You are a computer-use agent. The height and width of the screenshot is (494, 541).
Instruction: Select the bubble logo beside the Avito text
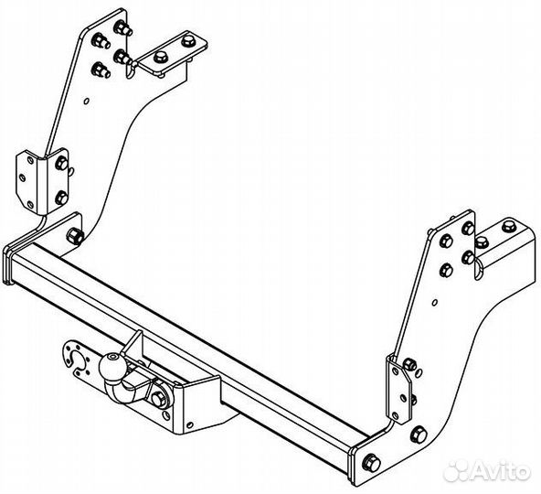point(457,470)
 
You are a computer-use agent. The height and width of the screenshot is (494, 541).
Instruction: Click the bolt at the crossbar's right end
point(371,463)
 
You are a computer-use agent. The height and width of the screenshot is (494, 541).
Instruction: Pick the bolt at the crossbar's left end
point(75,236)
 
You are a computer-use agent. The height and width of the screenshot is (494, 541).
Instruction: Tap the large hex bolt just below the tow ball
point(159,400)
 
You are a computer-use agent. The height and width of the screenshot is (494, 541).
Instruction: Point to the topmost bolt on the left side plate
point(122,28)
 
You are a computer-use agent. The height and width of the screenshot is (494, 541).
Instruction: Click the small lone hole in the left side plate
point(87,101)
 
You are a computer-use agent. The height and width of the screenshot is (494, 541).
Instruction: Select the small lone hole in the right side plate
point(435,303)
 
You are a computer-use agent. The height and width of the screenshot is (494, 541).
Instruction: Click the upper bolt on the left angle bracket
point(61,163)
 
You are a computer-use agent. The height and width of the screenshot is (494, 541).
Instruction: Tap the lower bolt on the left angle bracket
point(61,198)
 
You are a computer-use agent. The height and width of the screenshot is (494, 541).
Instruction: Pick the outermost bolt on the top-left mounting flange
point(187,41)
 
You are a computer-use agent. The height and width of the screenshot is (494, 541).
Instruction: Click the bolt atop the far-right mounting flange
point(508,227)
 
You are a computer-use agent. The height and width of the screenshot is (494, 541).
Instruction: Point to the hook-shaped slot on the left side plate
point(129,70)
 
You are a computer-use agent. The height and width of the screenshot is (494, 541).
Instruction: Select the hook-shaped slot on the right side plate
point(477,269)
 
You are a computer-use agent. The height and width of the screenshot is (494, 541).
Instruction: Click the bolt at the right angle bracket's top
point(409,364)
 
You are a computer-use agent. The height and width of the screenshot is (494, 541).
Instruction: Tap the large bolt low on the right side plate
point(419,435)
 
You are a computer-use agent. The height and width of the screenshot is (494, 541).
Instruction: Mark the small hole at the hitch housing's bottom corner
point(189,424)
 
